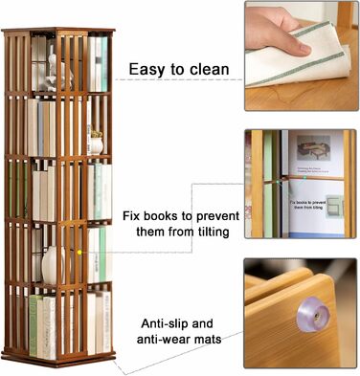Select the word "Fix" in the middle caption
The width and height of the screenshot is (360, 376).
click(x=131, y=216)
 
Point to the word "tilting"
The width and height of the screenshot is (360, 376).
click(x=212, y=232)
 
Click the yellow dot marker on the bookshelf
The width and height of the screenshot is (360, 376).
click(x=79, y=253)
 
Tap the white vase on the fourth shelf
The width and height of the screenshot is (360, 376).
click(x=52, y=264)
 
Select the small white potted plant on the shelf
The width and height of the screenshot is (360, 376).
click(x=97, y=143)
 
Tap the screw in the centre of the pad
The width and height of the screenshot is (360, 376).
click(x=315, y=316)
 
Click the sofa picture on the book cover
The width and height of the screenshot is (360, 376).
click(x=313, y=148)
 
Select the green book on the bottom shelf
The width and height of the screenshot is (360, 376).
click(x=34, y=325)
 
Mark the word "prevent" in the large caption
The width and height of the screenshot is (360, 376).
click(x=217, y=216)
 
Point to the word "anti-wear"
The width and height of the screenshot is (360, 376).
click(x=163, y=339)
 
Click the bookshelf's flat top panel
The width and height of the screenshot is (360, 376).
click(x=58, y=31)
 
